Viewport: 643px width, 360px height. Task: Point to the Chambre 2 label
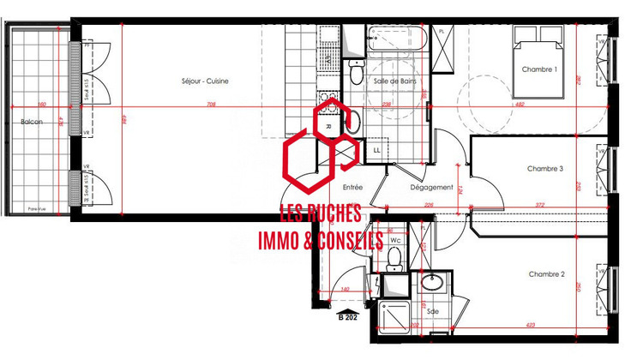[x=546, y=274]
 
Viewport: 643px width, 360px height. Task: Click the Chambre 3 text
[x=545, y=169]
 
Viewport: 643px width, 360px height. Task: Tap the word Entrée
[x=352, y=187]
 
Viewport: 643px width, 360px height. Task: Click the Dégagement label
[x=431, y=187]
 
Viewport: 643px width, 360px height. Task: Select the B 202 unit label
[x=348, y=318]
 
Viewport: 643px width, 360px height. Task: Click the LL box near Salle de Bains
[x=376, y=150]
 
